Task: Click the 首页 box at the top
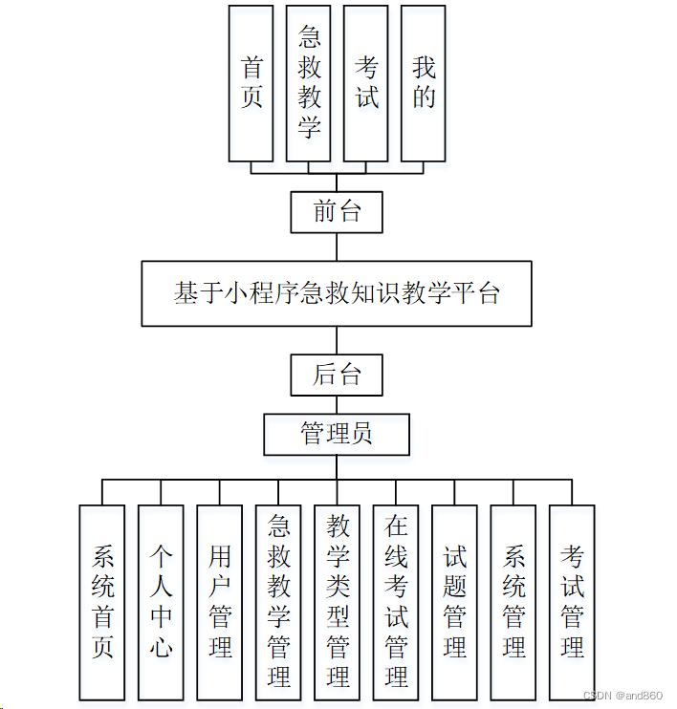pyautogui.click(x=251, y=83)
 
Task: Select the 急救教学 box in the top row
pyautogui.click(x=308, y=83)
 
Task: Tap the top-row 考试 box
pyautogui.click(x=366, y=83)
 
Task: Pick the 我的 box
pyautogui.click(x=423, y=83)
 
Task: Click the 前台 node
pyautogui.click(x=337, y=212)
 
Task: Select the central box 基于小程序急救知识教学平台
pyautogui.click(x=337, y=293)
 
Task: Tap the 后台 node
pyautogui.click(x=337, y=376)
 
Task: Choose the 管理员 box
pyautogui.click(x=337, y=435)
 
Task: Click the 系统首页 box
pyautogui.click(x=102, y=602)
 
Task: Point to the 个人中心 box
pyautogui.click(x=161, y=602)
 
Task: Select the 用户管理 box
pyautogui.click(x=220, y=602)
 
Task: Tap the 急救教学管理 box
pyautogui.click(x=278, y=602)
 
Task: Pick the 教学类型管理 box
pyautogui.click(x=338, y=602)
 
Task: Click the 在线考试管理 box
pyautogui.click(x=396, y=602)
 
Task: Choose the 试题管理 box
pyautogui.click(x=455, y=602)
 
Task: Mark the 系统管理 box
pyautogui.click(x=513, y=602)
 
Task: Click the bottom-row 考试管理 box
pyautogui.click(x=572, y=602)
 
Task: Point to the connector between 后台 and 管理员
pyautogui.click(x=337, y=405)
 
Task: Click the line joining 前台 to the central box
pyautogui.click(x=337, y=247)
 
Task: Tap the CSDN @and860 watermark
pyautogui.click(x=622, y=696)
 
